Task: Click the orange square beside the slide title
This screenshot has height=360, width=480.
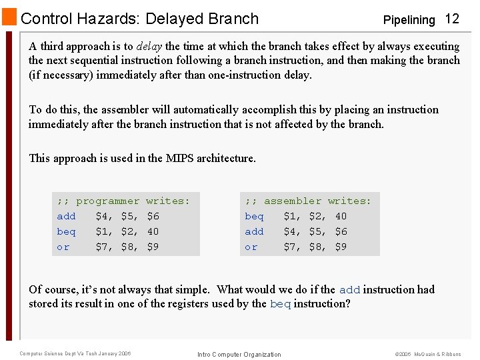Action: pos(10,17)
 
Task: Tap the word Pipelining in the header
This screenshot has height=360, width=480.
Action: pos(409,20)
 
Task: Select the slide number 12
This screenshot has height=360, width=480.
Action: pos(452,19)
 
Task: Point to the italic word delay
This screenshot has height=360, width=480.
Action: pos(149,47)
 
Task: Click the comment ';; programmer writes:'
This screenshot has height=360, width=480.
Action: pos(123,201)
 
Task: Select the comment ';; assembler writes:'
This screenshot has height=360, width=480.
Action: pos(308,201)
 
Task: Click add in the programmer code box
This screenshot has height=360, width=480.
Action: pos(66,216)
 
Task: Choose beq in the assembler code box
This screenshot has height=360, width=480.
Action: pos(254,216)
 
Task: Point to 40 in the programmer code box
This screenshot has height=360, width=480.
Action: pos(153,231)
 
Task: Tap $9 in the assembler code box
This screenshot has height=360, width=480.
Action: pos(341,247)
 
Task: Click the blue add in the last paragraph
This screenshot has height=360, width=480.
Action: pos(349,290)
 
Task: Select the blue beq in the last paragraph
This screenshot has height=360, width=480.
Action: pos(280,305)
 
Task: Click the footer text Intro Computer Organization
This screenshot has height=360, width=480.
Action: pos(239,354)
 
